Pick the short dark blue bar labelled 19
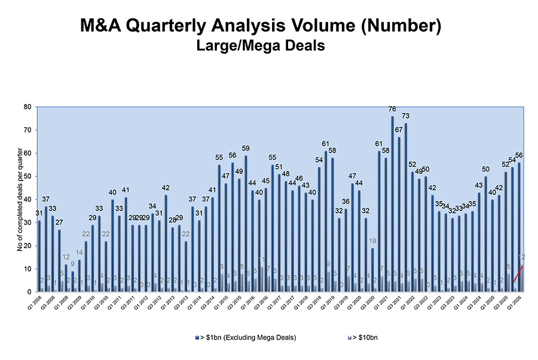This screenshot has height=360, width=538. point(372,270)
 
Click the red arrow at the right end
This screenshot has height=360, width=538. point(519,272)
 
